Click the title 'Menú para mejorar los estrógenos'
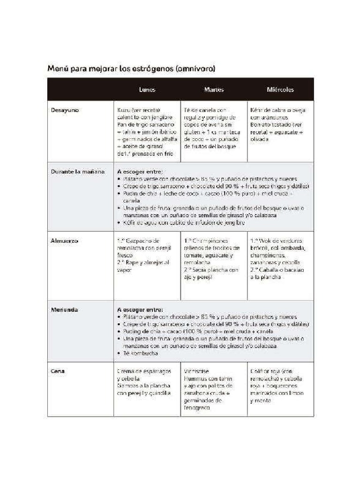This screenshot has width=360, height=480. tap(131, 69)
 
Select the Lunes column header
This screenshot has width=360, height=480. tap(147, 90)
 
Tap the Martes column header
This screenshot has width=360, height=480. tap(214, 90)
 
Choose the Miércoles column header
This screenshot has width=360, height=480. tap(280, 90)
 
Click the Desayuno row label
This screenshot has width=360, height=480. tap(65, 110)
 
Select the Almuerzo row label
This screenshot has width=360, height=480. tap(65, 241)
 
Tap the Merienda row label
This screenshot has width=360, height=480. tap(65, 310)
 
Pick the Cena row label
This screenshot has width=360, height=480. tap(58, 371)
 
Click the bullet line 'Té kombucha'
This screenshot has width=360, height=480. tap(141, 353)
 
